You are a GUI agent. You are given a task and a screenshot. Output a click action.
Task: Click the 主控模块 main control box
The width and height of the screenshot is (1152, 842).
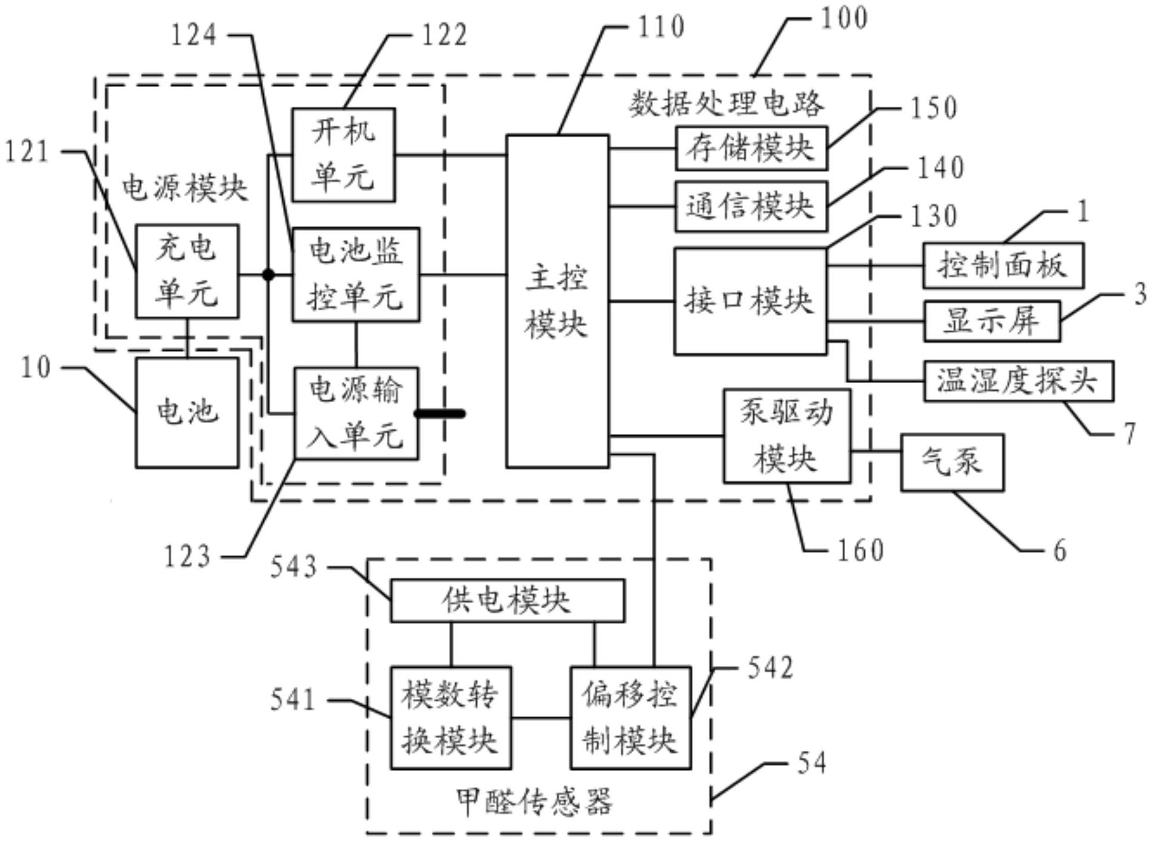(557, 301)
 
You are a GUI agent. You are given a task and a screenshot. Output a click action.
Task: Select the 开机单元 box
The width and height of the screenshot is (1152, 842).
(343, 155)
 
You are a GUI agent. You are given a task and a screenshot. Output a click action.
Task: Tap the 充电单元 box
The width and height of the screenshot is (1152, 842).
(187, 272)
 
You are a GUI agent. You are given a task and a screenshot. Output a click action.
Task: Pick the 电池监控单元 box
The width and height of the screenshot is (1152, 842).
(356, 275)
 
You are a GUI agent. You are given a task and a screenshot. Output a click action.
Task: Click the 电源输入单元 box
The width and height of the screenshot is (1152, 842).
(356, 413)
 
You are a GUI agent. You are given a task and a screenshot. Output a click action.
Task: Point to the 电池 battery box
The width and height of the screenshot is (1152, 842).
(187, 412)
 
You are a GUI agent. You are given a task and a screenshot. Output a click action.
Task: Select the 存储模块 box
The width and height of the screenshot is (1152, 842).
(751, 148)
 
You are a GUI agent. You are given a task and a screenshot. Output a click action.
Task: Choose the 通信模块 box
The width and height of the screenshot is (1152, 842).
(751, 206)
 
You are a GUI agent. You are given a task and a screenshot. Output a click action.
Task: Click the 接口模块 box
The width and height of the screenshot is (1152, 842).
(750, 301)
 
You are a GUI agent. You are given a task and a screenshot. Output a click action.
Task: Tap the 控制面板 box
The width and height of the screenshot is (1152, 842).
(1003, 266)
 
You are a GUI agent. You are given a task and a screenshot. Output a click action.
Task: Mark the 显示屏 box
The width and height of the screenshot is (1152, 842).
(991, 321)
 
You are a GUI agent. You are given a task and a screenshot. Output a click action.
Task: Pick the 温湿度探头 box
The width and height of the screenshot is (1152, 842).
(1018, 381)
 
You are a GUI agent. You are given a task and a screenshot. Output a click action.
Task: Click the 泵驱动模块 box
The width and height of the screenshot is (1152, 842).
(787, 436)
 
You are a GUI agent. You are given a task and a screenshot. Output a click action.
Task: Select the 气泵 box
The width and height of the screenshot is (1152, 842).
(952, 462)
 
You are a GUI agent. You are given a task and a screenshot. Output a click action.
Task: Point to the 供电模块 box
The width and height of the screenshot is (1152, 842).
(507, 600)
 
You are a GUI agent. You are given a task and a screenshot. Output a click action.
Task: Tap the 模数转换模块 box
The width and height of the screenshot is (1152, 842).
(451, 718)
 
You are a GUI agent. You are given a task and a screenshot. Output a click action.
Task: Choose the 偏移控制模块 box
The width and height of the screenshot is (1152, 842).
(630, 718)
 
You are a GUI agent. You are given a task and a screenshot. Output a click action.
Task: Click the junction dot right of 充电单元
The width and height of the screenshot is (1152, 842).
(269, 275)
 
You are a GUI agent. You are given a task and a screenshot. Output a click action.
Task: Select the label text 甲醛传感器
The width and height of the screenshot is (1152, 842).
(534, 801)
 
